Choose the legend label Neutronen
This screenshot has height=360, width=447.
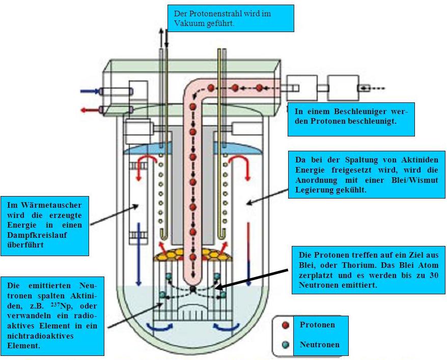[x=319, y=345]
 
